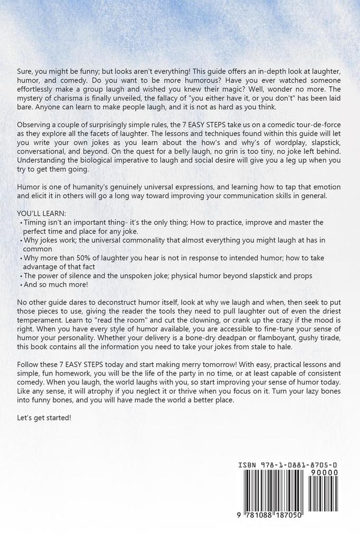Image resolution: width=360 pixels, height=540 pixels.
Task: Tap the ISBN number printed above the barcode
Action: click(x=289, y=465)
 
